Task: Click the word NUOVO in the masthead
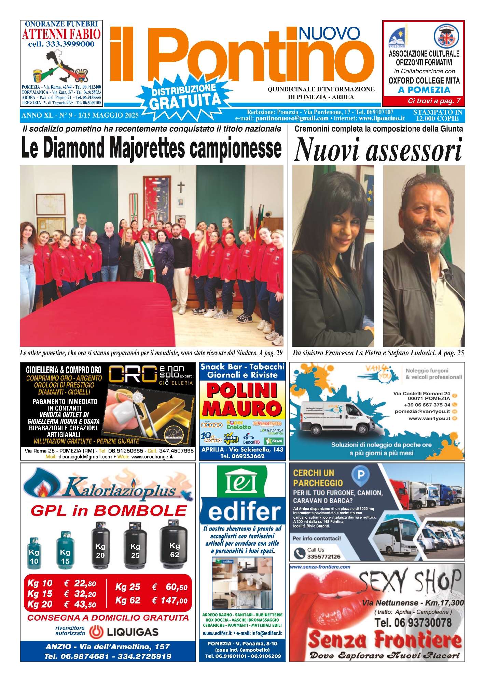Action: pos(329,34)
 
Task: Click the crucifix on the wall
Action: pos(181,187)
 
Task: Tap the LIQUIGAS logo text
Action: pos(132,632)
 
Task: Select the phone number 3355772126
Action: pos(323,557)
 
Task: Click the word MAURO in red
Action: pos(242,409)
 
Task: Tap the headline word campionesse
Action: pos(236,148)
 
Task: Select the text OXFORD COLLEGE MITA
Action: pos(424,81)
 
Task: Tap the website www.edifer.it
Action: pos(217,633)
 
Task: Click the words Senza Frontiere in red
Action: pos(384,640)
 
